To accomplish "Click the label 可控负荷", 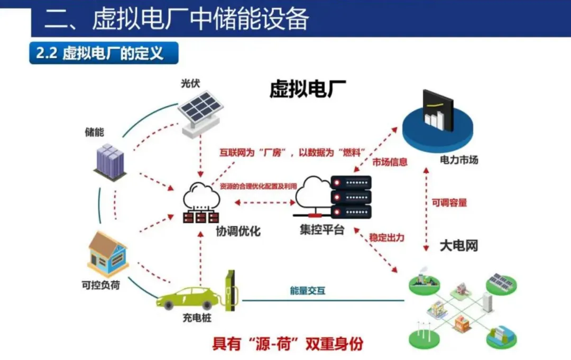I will [100, 285].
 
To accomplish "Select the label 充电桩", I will [197, 319].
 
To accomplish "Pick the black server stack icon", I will [351, 197].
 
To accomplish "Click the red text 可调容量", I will [449, 202].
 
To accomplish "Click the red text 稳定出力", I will [387, 237].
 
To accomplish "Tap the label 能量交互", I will [308, 290].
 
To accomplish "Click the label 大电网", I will [459, 246].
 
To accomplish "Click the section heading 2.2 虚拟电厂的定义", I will [100, 53].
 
